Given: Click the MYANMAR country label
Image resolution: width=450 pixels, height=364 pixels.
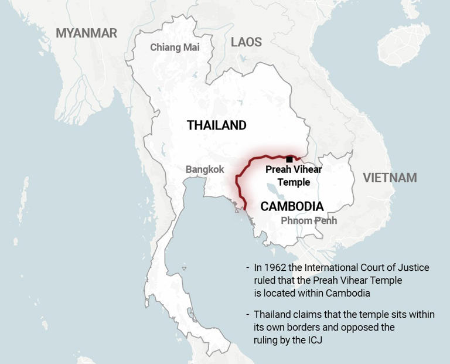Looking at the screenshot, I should point(86,33).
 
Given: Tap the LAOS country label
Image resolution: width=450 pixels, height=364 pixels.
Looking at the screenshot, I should point(246,42).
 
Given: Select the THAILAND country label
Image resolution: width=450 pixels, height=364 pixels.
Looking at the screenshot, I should point(216,125).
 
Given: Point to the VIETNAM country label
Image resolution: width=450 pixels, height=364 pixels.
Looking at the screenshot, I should point(390,178).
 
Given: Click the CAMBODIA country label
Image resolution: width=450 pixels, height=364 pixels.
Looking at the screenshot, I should point(292,206).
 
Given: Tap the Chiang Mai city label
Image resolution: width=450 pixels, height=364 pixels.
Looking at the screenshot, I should point(175,47).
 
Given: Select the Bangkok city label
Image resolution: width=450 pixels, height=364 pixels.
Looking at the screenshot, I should point(204,169).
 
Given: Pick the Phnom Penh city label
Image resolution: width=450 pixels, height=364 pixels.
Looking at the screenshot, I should point(309,220).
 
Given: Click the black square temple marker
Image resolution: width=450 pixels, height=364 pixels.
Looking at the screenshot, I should point(289,159).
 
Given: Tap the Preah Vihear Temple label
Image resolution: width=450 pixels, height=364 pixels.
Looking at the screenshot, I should point(294,175).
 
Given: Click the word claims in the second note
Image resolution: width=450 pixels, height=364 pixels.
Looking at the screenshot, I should point(319,315).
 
